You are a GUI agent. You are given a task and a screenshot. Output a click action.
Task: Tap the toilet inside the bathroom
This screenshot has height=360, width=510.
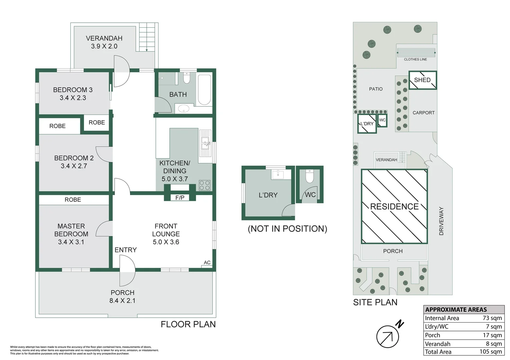[187, 78]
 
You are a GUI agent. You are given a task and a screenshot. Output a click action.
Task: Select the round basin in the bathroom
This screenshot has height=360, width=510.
[183, 109]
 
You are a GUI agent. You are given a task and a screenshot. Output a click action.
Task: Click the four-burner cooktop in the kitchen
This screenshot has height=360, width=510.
[204, 185]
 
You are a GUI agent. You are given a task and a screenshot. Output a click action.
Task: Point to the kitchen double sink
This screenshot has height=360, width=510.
[205, 144]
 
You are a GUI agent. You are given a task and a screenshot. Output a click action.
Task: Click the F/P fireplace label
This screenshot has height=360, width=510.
[180, 198]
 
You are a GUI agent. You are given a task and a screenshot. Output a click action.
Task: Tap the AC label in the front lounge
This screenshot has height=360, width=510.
[207, 262]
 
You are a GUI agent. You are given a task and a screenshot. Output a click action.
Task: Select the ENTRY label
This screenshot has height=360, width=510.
[125, 250]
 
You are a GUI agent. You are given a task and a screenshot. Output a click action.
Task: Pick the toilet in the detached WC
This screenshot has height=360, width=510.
[310, 176]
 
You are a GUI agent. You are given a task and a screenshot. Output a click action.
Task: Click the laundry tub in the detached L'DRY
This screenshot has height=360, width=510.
[278, 175]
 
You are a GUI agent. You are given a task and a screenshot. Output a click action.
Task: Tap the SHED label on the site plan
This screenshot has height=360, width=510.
[422, 80]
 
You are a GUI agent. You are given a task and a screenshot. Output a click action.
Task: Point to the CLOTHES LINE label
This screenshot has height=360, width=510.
[415, 59]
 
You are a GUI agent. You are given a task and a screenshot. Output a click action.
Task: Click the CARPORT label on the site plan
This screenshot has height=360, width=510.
[424, 113]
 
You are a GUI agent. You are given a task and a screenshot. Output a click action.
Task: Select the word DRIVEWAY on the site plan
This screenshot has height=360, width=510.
[441, 221]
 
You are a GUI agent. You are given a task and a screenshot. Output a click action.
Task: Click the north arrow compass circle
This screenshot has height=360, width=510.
[388, 336]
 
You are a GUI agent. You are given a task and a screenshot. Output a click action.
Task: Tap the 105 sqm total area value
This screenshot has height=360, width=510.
[491, 352]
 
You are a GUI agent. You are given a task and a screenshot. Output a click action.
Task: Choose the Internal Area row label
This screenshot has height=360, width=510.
[442, 318]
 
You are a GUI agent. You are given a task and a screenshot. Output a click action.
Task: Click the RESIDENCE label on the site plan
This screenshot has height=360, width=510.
[394, 206]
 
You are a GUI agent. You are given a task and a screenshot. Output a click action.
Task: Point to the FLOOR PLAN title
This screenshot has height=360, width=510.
[188, 324]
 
